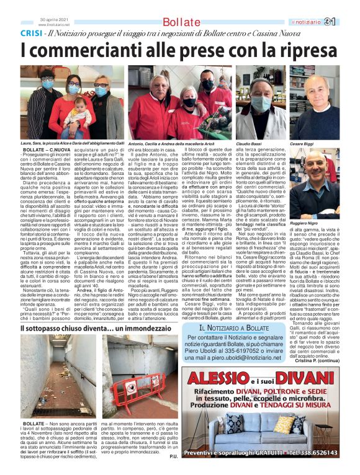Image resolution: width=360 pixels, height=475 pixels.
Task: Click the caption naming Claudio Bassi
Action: [x=246, y=143]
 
